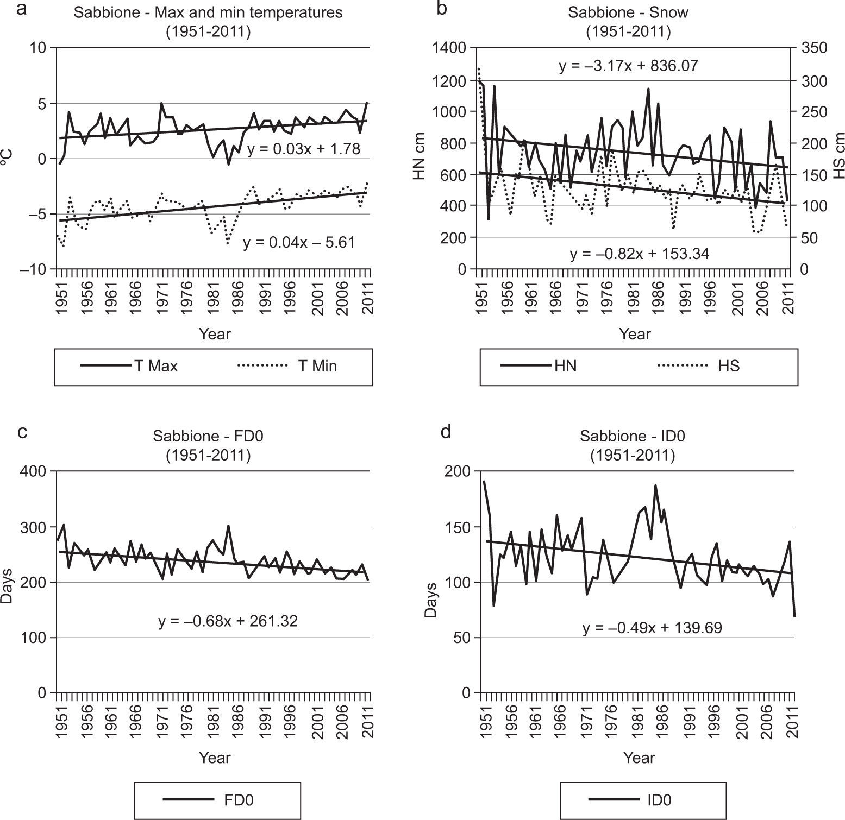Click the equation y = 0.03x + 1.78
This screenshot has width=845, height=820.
(x=303, y=149)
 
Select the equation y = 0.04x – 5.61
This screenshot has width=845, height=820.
(x=299, y=242)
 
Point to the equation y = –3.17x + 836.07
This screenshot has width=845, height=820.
(x=628, y=66)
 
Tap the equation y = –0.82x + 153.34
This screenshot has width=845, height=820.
(x=639, y=254)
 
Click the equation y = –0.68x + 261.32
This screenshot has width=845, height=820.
(x=228, y=621)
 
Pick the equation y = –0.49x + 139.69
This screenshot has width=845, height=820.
(x=652, y=628)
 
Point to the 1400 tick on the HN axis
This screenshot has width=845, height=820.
(x=449, y=48)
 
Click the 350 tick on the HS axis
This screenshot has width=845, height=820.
(x=813, y=48)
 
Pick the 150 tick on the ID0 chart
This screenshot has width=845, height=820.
(x=459, y=527)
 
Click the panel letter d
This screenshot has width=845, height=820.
(x=446, y=432)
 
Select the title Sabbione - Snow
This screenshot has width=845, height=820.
(x=628, y=12)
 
